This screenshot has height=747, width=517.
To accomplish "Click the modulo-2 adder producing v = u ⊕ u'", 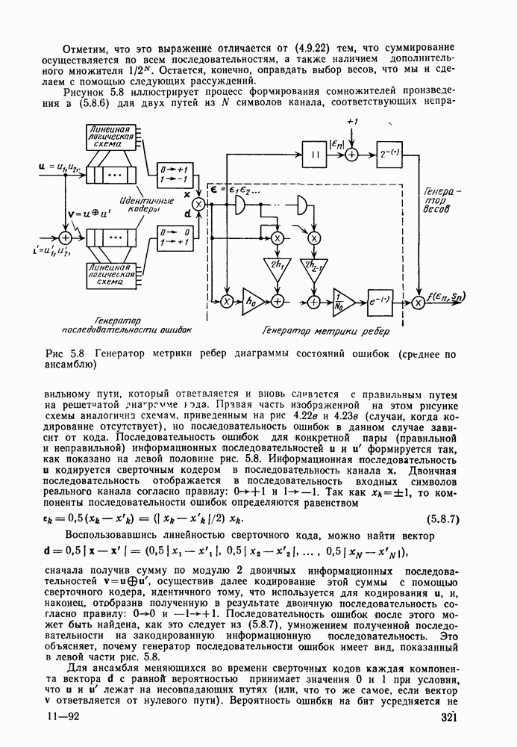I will [66, 237].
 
